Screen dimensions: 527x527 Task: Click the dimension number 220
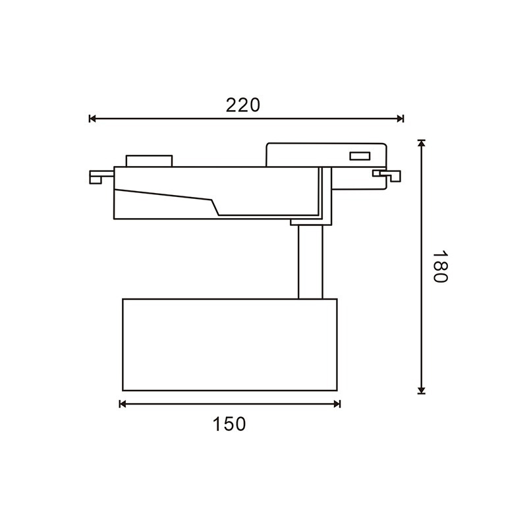click(x=243, y=105)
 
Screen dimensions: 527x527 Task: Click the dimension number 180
click(x=439, y=267)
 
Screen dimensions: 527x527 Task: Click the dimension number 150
click(x=229, y=424)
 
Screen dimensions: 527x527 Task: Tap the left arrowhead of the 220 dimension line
click(x=92, y=119)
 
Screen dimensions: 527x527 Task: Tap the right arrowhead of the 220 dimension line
click(x=400, y=119)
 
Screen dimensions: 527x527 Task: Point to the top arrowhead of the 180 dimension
click(x=422, y=144)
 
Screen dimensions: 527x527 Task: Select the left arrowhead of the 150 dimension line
click(x=123, y=404)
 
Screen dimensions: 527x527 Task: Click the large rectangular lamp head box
click(x=229, y=344)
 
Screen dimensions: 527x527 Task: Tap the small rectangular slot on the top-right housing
click(x=359, y=156)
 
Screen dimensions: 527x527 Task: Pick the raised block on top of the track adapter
click(x=150, y=161)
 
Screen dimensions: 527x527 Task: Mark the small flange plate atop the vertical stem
click(x=306, y=223)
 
